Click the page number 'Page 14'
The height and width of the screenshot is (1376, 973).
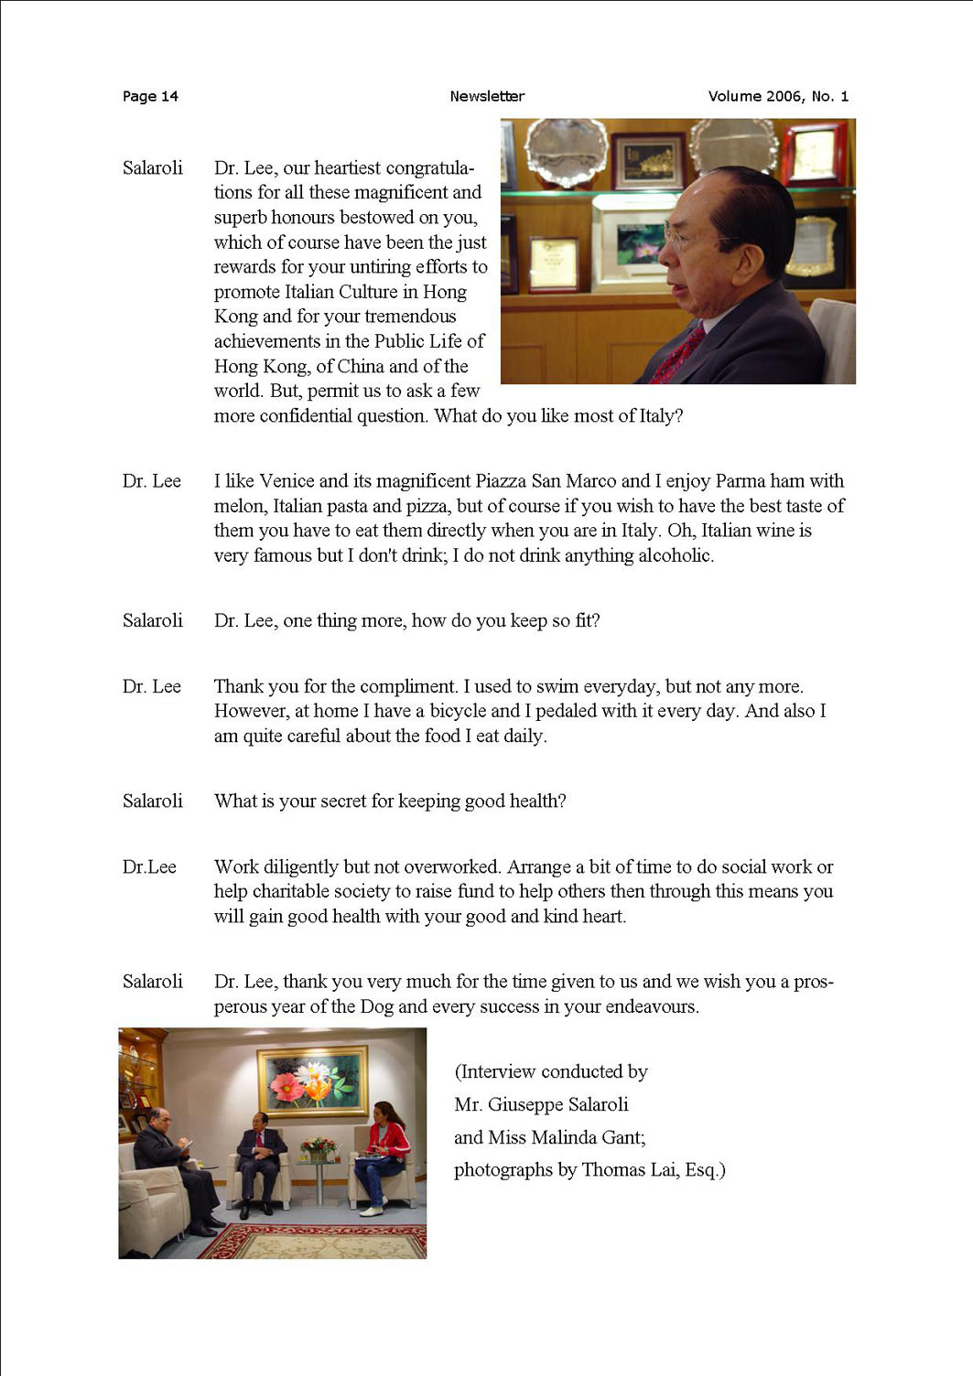click(150, 96)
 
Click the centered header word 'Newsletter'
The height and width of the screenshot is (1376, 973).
click(487, 96)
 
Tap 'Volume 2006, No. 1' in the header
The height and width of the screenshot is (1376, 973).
click(778, 96)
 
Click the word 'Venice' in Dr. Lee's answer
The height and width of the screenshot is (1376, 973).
click(286, 481)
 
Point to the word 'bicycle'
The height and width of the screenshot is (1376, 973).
click(462, 711)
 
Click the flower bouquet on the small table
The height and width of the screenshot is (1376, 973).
click(318, 1146)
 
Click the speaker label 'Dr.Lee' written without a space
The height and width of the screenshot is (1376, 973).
click(149, 866)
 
